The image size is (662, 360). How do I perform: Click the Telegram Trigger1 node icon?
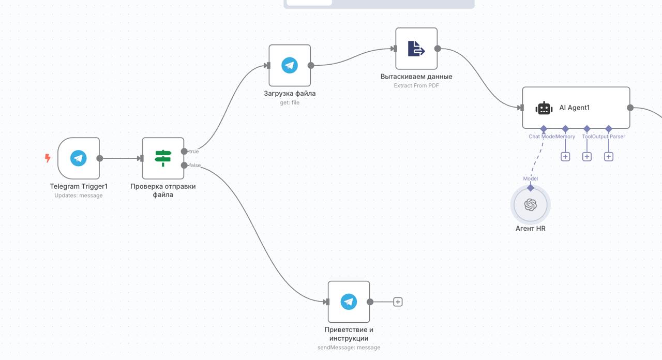point(78,158)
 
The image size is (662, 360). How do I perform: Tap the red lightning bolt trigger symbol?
point(48,158)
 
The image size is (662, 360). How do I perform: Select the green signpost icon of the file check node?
point(163,158)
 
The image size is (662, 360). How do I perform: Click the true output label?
point(194,152)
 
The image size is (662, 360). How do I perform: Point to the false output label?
point(195,165)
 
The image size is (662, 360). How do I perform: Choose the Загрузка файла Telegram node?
point(290,65)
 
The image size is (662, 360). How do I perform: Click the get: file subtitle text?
point(290,102)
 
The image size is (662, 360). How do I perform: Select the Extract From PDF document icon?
point(416,49)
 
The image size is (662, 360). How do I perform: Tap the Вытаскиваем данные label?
point(416,77)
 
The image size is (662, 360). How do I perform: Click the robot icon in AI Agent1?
point(544,108)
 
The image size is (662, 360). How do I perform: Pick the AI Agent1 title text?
point(574,108)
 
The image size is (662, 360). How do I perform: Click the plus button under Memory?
point(565,157)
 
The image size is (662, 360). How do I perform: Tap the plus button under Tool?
point(587,157)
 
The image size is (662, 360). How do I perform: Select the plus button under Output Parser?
point(609,157)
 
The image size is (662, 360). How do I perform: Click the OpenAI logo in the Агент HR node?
point(531,205)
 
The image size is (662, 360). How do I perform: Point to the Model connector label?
point(531,178)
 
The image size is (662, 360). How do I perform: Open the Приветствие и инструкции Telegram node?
point(349,302)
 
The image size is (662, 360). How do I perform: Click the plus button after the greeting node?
point(398,302)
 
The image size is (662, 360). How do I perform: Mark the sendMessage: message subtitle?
point(349,348)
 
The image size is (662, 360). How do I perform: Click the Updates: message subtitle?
point(78,196)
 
